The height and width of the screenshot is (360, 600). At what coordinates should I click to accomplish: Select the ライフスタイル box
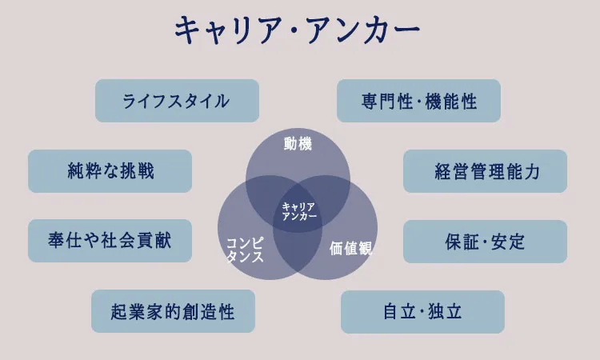[177, 101]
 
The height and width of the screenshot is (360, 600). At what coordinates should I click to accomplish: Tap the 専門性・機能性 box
[418, 101]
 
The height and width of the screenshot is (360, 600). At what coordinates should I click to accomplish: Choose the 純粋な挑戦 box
[110, 171]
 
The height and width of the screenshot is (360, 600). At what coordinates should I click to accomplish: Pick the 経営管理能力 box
[485, 171]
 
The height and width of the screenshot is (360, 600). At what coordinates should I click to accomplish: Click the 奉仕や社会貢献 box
[110, 241]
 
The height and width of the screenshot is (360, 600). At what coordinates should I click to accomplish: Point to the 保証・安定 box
[485, 241]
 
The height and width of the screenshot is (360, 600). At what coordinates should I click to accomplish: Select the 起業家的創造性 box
[173, 311]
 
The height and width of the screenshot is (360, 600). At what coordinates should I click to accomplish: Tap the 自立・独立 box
[422, 311]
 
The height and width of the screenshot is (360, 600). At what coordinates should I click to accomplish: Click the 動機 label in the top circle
[298, 144]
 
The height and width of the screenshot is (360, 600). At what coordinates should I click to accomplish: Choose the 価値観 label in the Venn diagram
[351, 249]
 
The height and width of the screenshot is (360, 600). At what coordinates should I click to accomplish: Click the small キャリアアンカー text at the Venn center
[299, 212]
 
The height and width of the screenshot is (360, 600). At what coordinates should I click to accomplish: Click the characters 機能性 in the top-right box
[451, 101]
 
